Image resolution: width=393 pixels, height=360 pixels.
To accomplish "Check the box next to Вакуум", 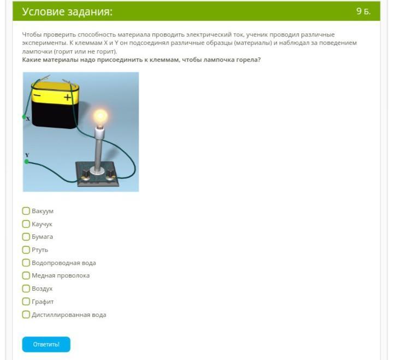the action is click(x=26, y=211).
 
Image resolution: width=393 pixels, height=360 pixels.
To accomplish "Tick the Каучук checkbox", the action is click(x=26, y=224).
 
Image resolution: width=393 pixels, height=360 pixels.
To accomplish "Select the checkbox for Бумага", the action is click(x=26, y=237).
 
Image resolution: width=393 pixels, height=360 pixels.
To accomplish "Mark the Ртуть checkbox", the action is click(x=26, y=250).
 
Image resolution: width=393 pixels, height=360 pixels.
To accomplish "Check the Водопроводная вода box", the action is click(x=26, y=263).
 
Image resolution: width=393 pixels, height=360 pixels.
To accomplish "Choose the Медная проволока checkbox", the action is click(x=26, y=275).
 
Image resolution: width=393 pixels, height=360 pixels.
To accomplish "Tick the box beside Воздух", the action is click(x=26, y=288).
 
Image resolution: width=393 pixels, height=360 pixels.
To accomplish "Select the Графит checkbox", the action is click(x=26, y=302).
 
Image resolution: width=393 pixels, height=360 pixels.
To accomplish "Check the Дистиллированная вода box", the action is click(x=26, y=314).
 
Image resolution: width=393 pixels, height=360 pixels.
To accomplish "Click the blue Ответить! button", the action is click(x=46, y=344).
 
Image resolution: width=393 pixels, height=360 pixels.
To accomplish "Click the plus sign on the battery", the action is click(x=68, y=97).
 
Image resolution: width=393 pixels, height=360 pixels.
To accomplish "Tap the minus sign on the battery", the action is click(x=37, y=96).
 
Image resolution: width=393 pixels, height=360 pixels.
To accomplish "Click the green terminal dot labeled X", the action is click(x=24, y=117).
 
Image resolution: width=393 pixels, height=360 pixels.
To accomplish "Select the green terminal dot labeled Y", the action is click(x=27, y=162).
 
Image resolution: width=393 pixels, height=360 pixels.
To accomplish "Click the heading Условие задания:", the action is click(x=67, y=11).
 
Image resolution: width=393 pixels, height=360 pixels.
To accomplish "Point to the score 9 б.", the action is click(x=364, y=11).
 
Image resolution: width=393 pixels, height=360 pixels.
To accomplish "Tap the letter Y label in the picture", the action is click(x=27, y=155).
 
